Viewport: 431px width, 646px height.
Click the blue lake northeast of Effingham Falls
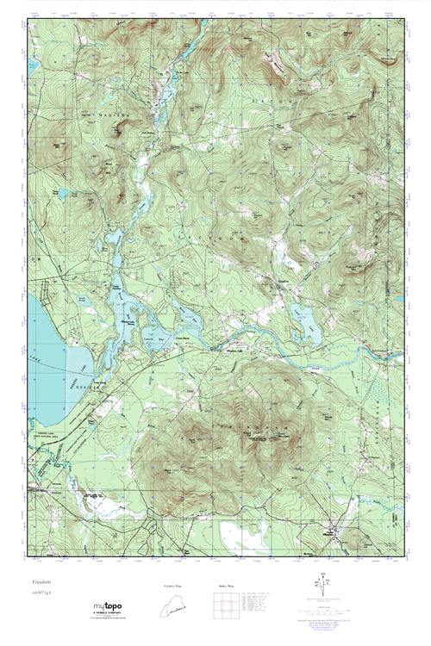(x=303, y=320)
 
